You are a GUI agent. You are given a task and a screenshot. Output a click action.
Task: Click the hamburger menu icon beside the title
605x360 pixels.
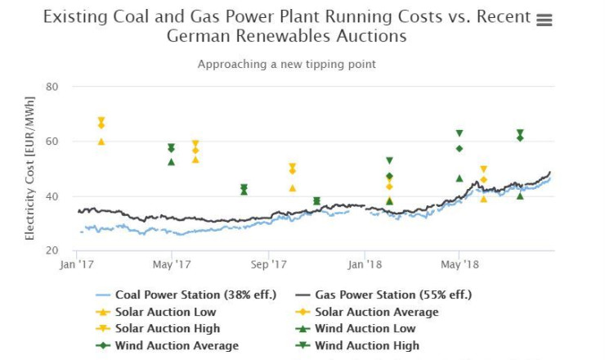tap(544, 20)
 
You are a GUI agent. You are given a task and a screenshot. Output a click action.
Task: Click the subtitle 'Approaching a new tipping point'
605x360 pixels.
tap(286, 64)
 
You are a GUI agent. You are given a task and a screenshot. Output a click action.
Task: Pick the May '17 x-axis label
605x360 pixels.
tap(171, 264)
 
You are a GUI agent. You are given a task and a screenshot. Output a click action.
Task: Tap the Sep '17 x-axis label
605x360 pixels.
tap(268, 264)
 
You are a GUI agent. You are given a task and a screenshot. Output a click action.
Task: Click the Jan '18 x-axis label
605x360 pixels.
tap(364, 264)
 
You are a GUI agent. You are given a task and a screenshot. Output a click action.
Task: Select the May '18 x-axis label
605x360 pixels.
tap(459, 264)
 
